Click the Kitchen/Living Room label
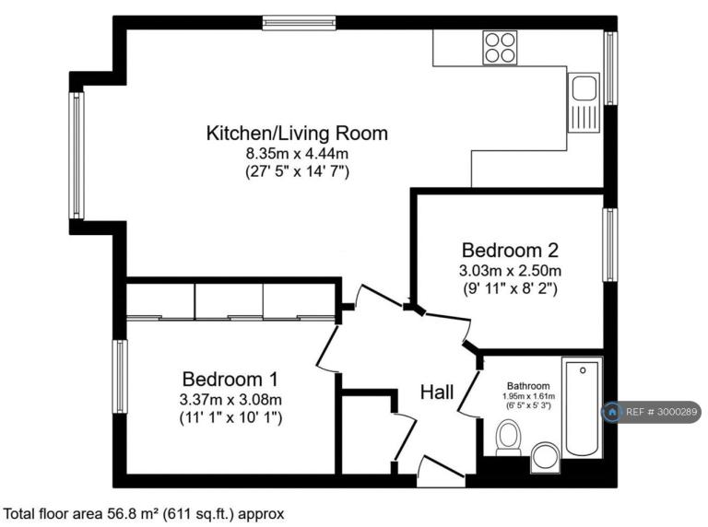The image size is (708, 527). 297,134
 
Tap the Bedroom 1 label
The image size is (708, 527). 230,379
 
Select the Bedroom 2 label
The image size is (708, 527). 510,250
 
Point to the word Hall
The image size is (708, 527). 437,392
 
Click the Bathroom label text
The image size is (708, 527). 528,386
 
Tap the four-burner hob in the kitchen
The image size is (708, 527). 500,47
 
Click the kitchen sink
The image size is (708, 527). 584,102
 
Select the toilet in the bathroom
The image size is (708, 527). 509,438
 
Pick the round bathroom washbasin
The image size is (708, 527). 546,457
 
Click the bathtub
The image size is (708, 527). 582,407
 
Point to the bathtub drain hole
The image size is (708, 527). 583,370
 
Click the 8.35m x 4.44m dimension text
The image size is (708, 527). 297,154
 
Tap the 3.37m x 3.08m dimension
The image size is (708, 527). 230,399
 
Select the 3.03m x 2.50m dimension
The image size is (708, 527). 510,271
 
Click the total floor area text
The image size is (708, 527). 144,514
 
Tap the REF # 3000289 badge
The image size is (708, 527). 652,412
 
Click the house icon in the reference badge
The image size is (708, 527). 613,412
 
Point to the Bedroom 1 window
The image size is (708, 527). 120,376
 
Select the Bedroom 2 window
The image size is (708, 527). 610,244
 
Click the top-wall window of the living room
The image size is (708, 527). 300,22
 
